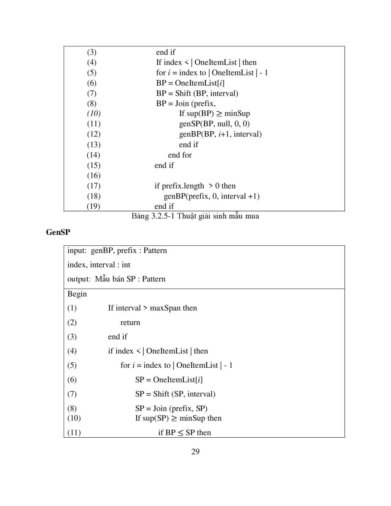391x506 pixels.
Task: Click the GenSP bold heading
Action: tap(58, 232)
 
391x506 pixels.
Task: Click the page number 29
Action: tap(195, 452)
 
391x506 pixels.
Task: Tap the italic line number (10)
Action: tap(94, 113)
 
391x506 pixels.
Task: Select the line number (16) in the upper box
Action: tap(94, 175)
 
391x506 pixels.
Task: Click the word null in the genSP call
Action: tap(224, 124)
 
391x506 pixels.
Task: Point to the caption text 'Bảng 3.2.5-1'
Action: tap(153, 216)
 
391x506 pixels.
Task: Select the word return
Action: tap(130, 323)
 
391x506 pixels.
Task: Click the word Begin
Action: tap(77, 294)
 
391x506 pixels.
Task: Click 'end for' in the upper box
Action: tap(180, 155)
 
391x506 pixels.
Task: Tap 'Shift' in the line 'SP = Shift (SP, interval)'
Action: tap(161, 394)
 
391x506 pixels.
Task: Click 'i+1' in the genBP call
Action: tap(224, 134)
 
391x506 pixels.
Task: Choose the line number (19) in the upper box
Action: tap(93, 206)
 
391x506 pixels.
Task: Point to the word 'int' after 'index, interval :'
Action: tap(126, 265)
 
